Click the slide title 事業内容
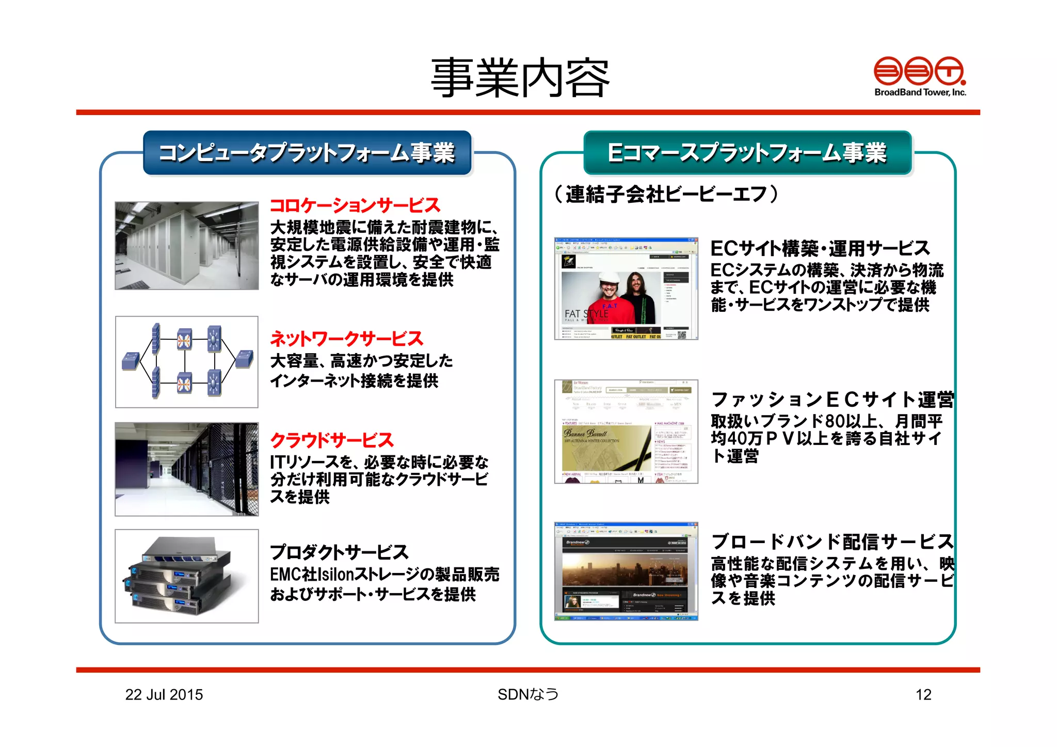pos(520,78)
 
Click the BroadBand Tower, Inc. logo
pos(920,76)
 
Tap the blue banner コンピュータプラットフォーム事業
pos(307,153)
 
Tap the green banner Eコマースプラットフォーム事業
pos(747,153)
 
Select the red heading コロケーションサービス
pos(355,205)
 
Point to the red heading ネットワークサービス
pos(346,339)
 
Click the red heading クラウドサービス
pos(332,440)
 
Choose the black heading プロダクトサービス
pos(339,552)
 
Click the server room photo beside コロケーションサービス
pos(187,245)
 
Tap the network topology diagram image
pos(187,362)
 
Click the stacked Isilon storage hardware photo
pos(187,576)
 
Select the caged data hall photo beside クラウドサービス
pos(187,469)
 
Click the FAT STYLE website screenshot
pos(626,289)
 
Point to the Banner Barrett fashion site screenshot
pos(626,432)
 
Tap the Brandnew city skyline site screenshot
pos(626,571)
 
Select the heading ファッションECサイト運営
pos(832,400)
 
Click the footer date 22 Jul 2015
pos(164,695)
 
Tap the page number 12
pos(923,695)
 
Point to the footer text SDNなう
pos(528,695)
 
